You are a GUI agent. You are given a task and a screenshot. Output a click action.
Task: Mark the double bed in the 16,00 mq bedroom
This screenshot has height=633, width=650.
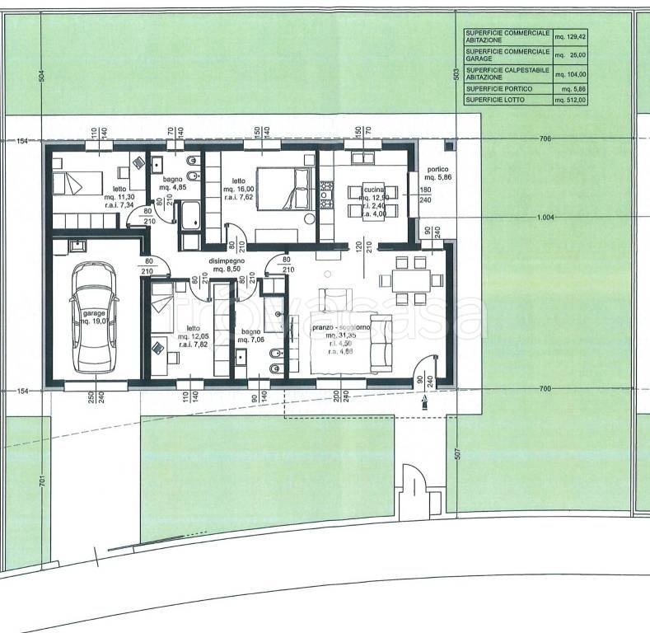(x=283, y=188)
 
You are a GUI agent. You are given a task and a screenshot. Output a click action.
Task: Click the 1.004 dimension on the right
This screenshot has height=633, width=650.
(x=545, y=218)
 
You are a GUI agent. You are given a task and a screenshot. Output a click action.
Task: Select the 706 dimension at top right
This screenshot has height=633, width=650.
(x=545, y=139)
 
